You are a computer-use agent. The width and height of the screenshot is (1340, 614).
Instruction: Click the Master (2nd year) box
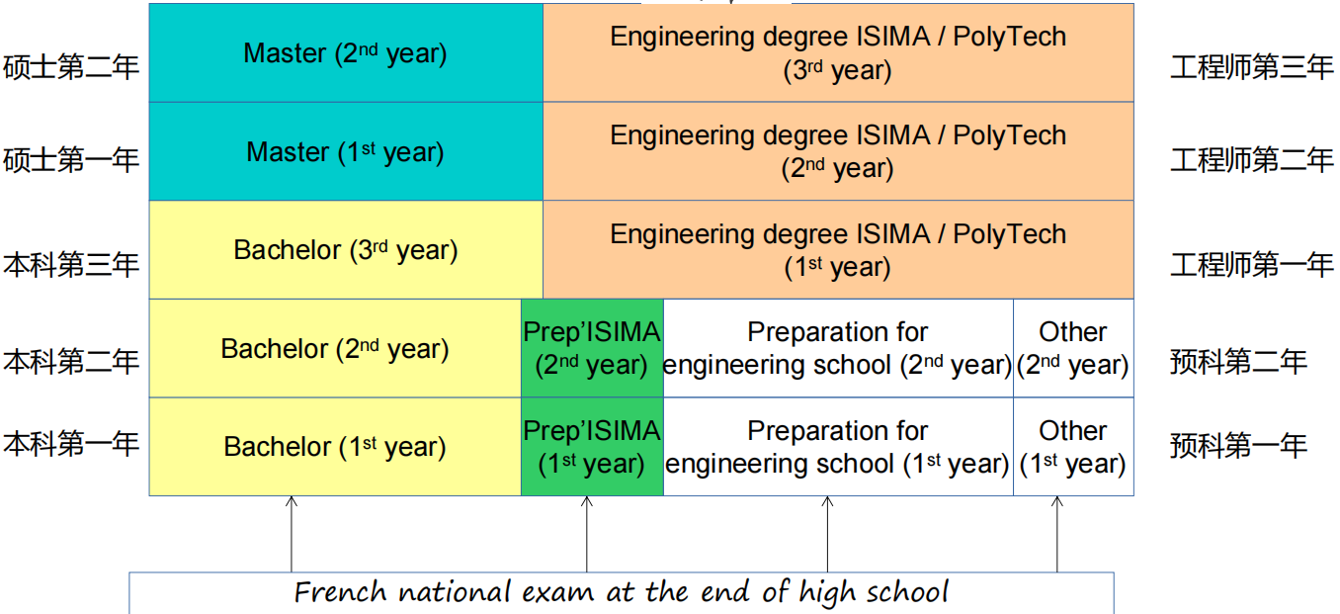coord(345,52)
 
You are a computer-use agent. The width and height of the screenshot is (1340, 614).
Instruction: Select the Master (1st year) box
coord(345,151)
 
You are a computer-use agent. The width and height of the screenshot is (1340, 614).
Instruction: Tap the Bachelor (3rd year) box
coord(345,250)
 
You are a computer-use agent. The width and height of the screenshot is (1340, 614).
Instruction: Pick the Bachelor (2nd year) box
coord(335,348)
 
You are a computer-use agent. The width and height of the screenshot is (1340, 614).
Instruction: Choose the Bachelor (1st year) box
coord(335,447)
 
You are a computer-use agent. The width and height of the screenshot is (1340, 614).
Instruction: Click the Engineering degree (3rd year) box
coord(838,52)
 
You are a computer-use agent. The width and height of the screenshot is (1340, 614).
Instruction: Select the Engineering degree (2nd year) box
coord(838,151)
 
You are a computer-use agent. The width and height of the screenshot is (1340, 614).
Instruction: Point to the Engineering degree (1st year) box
coord(838,250)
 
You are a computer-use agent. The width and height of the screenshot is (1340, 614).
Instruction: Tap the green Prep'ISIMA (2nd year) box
coord(592,348)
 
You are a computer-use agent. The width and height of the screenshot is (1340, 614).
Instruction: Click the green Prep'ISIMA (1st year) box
coord(592,447)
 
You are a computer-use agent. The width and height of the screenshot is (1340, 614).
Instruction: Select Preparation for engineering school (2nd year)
coord(838,348)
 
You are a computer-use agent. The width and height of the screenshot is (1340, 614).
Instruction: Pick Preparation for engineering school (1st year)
coord(838,447)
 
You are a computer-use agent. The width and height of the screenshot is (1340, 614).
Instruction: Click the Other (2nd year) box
coord(1073,348)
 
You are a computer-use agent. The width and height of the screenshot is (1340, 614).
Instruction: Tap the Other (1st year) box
coord(1073,447)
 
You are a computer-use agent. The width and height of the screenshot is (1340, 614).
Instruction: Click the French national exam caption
coord(622,592)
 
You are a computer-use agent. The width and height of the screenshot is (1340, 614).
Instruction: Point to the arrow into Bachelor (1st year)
coord(292,534)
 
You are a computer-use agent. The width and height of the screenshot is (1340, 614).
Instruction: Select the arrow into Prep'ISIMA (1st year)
coord(587,534)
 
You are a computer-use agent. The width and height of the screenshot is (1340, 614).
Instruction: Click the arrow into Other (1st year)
coord(1057,534)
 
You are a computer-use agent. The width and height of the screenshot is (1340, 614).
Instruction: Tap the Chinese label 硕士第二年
coord(71,67)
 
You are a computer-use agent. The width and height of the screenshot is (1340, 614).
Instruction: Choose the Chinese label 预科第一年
coord(1238,446)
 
